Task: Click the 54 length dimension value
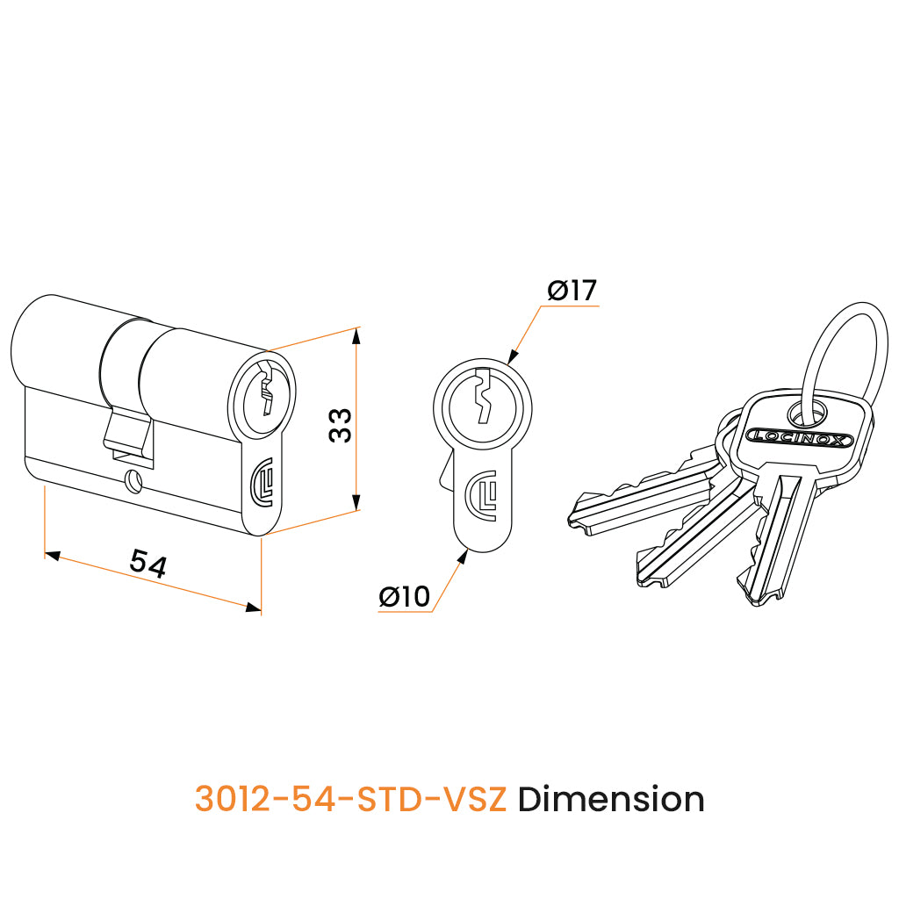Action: point(147,563)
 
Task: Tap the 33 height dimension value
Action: point(340,425)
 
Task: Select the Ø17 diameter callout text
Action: point(572,290)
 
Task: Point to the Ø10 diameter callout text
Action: point(404,596)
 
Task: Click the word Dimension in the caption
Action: point(611,799)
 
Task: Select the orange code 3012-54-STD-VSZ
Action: point(351,799)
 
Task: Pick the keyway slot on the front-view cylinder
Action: point(484,396)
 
